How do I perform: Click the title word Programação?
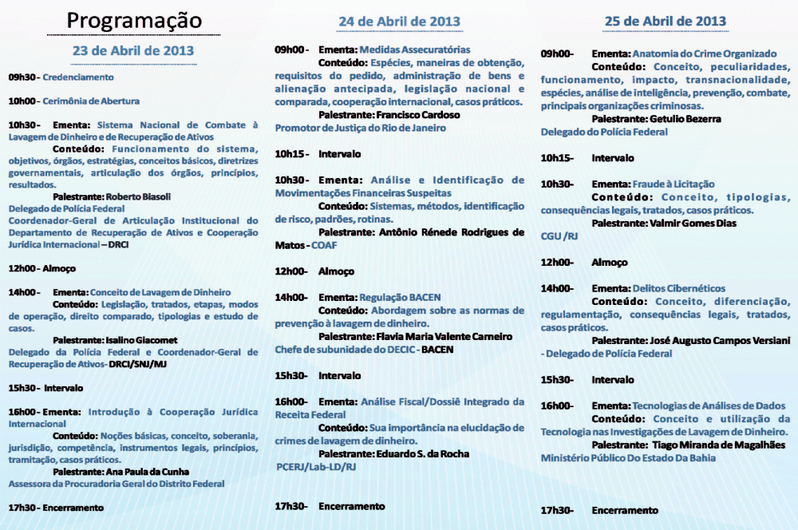pos(134,20)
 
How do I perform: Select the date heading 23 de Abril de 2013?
pos(133,50)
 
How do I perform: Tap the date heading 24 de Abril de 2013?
pos(399,21)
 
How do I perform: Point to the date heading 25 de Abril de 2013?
pos(665,21)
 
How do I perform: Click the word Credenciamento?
pos(78,77)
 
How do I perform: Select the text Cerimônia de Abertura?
pos(91,101)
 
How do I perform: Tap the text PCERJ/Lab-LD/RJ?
pos(317,466)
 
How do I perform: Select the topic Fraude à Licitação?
pos(674,184)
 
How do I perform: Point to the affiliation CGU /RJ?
pos(559,236)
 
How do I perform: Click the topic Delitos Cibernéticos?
pos(679,288)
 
